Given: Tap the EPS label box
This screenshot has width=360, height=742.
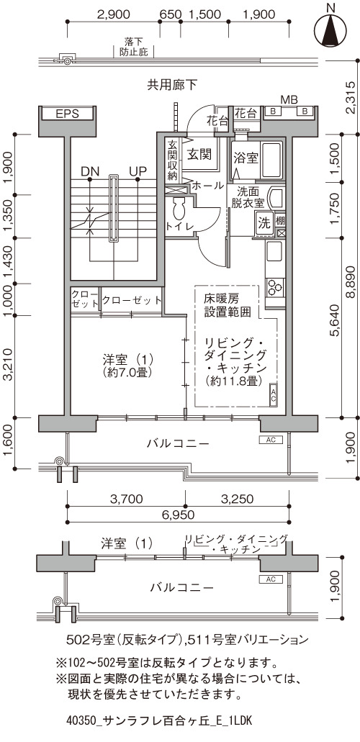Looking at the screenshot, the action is click(67, 114).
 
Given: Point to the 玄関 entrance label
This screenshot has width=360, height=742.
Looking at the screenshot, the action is click(199, 154).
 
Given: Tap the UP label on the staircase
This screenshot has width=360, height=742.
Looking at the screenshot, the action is click(138, 171).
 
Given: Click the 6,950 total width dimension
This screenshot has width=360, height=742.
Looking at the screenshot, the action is click(178, 515).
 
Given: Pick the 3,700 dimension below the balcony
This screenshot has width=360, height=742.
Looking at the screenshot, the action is click(126, 498).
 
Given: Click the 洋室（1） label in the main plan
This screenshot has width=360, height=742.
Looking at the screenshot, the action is click(127, 358).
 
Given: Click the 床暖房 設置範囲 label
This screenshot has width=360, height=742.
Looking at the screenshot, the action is click(222, 305).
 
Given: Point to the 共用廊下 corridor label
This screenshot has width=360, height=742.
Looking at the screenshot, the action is click(172, 85).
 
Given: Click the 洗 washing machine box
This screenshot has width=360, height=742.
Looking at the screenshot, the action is click(264, 222).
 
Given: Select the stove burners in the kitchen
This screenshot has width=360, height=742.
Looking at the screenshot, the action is click(275, 286).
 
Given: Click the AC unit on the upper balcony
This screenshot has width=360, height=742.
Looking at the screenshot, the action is click(271, 440).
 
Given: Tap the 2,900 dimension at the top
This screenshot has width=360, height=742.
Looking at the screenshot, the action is click(113, 14).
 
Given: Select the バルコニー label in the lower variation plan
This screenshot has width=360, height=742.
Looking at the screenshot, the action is click(181, 588).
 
